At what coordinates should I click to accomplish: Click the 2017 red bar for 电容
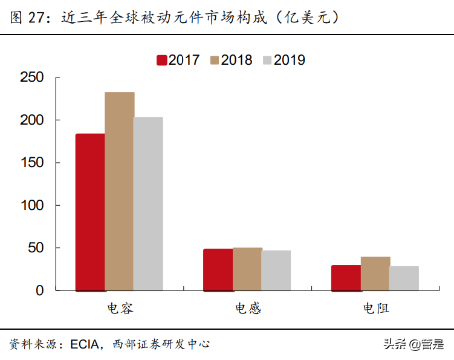[x=90, y=212]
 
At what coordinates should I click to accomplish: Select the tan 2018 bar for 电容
[x=119, y=191]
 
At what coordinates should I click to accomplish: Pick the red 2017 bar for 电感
[x=218, y=270]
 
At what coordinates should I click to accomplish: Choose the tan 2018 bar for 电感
[x=247, y=269]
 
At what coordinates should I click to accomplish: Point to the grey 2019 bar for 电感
[x=276, y=270]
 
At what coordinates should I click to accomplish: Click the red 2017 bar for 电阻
[x=346, y=278]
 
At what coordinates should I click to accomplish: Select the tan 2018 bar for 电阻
[x=375, y=273]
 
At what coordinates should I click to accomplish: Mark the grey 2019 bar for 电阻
[x=404, y=278]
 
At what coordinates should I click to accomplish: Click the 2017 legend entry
[x=178, y=60]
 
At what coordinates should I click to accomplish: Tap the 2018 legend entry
[x=230, y=60]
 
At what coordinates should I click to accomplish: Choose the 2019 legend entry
[x=283, y=60]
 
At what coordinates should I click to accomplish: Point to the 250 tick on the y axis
[x=31, y=77]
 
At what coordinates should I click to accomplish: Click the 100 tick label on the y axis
[x=31, y=205]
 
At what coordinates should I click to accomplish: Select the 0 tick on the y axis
[x=40, y=290]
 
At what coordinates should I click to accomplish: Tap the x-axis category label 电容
[x=120, y=309]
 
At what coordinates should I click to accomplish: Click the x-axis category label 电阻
[x=375, y=309]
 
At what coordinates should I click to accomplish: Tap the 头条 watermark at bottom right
[x=394, y=344]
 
